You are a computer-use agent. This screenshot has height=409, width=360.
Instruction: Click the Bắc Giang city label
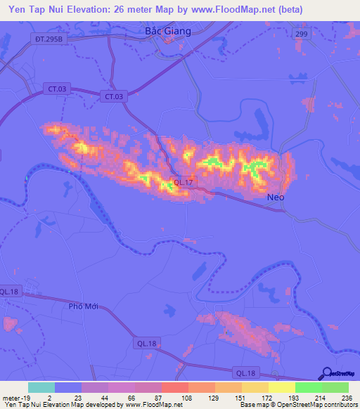point(163,31)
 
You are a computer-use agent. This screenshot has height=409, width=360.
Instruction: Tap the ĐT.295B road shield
point(47,40)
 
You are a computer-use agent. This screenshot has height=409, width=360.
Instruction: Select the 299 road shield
point(301,33)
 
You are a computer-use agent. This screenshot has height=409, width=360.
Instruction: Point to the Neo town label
point(276,197)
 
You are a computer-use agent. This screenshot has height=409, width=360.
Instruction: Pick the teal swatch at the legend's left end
point(41,387)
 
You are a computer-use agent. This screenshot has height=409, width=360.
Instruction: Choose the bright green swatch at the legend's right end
point(335,387)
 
